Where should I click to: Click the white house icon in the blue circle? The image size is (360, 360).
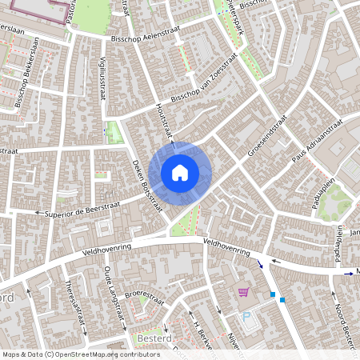pyautogui.click(x=180, y=171)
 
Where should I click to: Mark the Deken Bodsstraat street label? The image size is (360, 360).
pyautogui.click(x=146, y=183)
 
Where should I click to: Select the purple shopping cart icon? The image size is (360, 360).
pyautogui.click(x=243, y=293)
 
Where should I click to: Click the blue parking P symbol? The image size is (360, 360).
pyautogui.click(x=247, y=317)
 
